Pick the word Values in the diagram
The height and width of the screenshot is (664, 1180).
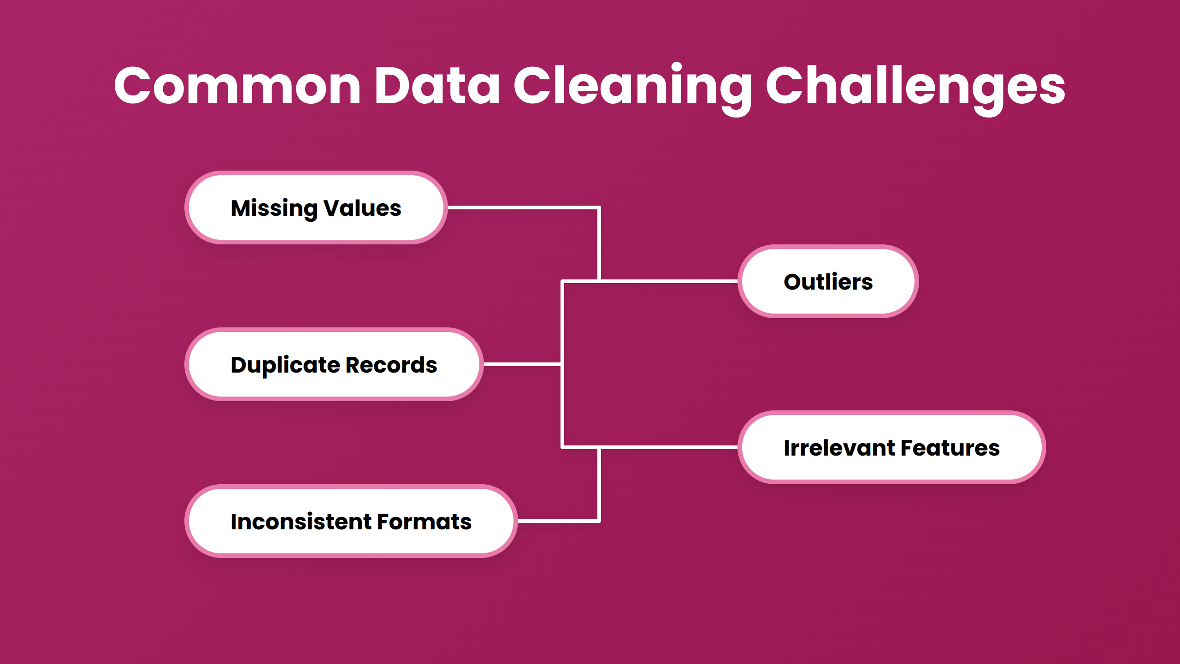click(362, 208)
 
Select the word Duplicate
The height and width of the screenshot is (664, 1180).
click(285, 365)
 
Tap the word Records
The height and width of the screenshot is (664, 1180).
click(391, 365)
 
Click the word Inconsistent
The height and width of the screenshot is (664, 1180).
click(301, 522)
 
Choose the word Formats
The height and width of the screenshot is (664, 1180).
click(425, 522)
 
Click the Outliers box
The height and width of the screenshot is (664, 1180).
click(828, 281)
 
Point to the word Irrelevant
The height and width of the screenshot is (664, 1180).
click(839, 448)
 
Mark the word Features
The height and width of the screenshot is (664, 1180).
click(950, 448)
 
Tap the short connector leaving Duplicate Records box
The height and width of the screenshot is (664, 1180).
click(522, 364)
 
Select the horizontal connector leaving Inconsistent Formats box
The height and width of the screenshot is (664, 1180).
click(558, 521)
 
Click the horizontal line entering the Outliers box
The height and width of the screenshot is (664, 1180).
click(668, 281)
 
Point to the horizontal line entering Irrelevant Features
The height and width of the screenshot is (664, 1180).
click(668, 447)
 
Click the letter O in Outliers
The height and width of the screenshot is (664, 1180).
click(793, 282)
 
